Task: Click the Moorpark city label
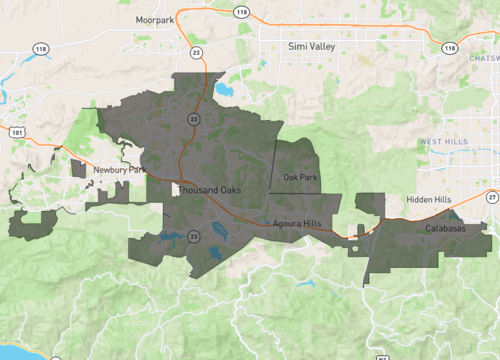pos(156,19)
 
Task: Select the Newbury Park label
pos(113,171)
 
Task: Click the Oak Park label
pos(300,178)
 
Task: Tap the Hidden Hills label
pos(429,200)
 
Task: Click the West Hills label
pos(443,142)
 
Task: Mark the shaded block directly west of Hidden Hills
pos(370,204)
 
